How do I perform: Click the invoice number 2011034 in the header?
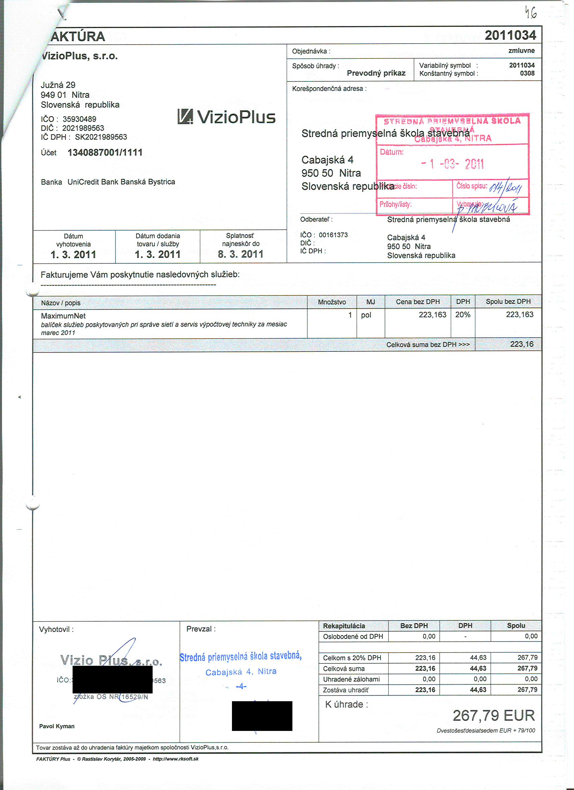click(x=510, y=35)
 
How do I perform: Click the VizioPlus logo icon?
click(x=185, y=117)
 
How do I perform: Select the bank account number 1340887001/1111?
click(x=105, y=153)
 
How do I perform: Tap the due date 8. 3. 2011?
click(x=240, y=254)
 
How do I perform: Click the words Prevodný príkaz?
click(x=376, y=73)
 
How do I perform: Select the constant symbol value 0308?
click(x=527, y=73)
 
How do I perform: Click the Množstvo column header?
click(x=332, y=302)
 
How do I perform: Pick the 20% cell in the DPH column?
click(x=463, y=315)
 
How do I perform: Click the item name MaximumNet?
click(x=63, y=316)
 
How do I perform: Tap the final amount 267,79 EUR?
click(x=493, y=716)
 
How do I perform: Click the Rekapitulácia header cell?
click(x=344, y=626)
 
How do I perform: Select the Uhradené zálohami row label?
click(x=351, y=679)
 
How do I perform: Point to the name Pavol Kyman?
click(x=57, y=726)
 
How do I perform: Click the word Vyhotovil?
click(x=56, y=629)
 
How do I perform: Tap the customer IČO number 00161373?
click(x=333, y=235)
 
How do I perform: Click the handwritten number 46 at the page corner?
click(x=531, y=13)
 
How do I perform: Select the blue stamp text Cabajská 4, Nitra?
click(x=241, y=671)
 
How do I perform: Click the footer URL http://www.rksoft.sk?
click(x=176, y=759)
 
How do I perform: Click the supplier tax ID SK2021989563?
click(x=101, y=137)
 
